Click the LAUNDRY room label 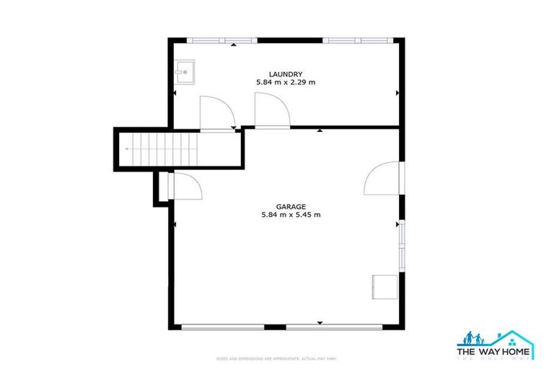(x=285, y=74)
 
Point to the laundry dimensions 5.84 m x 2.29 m (x=286, y=83)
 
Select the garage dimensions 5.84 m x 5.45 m (x=291, y=215)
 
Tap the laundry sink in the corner (x=183, y=71)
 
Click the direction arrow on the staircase (x=129, y=149)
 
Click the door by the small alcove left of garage (x=184, y=187)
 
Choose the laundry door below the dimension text (x=271, y=112)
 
